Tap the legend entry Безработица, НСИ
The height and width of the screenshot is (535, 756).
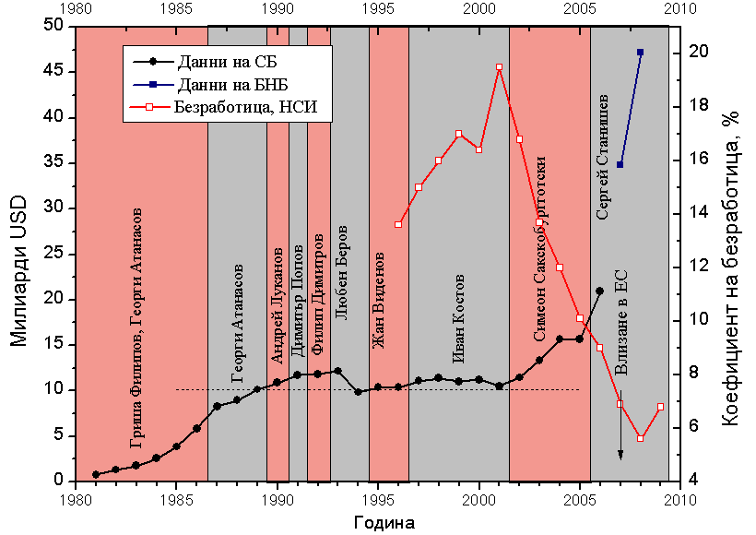(x=245, y=106)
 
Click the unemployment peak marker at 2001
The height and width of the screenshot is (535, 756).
(x=499, y=67)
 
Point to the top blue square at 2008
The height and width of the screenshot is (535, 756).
(x=640, y=53)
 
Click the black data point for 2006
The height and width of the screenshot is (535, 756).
(x=599, y=291)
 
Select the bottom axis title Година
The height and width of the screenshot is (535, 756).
(x=384, y=523)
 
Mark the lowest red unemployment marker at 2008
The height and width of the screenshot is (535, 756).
(x=640, y=438)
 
